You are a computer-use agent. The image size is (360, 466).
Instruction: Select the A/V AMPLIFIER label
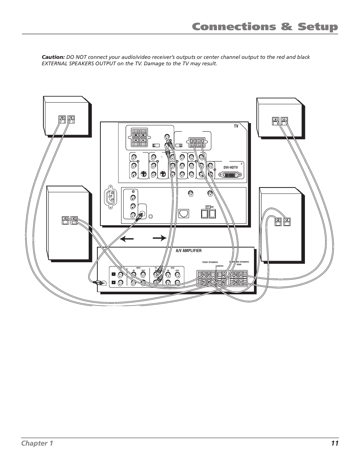point(189,251)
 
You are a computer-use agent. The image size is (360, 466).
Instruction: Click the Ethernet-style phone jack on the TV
point(184,213)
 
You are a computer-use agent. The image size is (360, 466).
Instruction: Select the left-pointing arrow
point(127,238)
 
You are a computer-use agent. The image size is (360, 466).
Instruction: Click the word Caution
point(53,57)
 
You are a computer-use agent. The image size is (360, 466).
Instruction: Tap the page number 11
point(335,443)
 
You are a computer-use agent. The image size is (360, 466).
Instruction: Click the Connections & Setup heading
point(265,27)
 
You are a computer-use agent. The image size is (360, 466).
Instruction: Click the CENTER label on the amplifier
point(220,266)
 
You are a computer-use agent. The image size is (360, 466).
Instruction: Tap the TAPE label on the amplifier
point(138,268)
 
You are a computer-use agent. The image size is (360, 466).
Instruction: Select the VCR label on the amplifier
point(172,268)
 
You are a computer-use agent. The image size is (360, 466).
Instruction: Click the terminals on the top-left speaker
point(67,119)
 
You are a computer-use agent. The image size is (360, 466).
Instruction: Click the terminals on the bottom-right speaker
point(283,221)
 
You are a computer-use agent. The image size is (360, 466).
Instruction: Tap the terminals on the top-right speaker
point(280,121)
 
